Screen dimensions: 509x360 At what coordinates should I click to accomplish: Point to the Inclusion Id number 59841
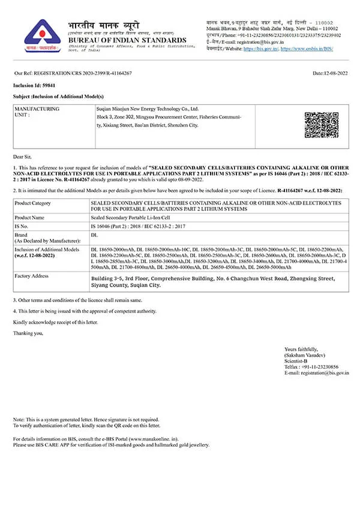pos(43,86)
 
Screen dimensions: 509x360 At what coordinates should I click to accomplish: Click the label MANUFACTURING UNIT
pos(37,112)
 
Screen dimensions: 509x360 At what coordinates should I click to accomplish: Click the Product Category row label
pos(32,203)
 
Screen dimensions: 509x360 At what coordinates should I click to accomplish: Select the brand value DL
pos(94,235)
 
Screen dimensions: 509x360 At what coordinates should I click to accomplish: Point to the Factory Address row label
pos(31,275)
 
